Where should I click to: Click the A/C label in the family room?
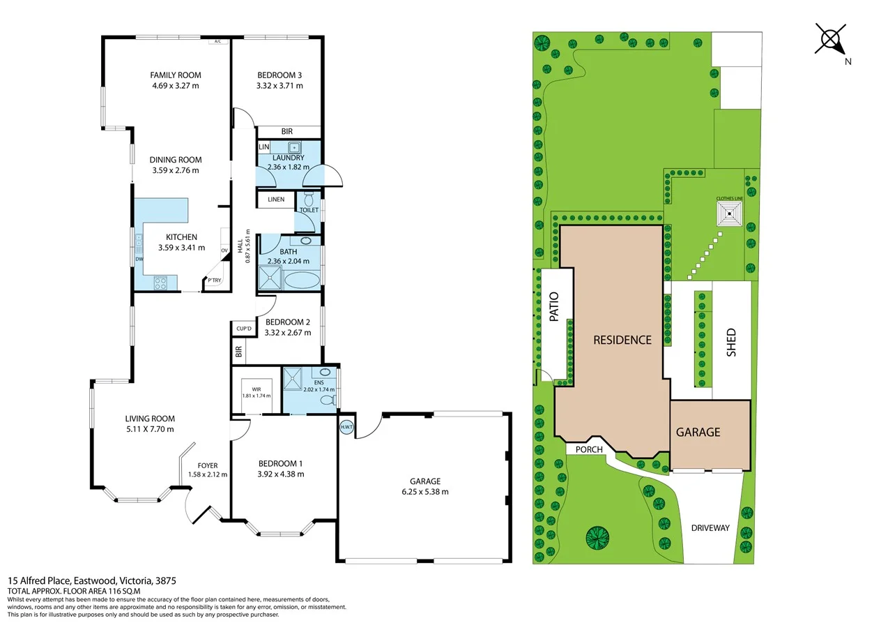click(218, 42)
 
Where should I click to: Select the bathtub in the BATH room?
click(302, 282)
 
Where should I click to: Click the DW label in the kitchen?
click(139, 260)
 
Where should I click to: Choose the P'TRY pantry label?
click(213, 280)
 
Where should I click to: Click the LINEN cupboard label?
click(276, 200)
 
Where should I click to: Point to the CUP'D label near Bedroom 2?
click(243, 328)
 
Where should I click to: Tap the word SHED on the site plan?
click(731, 343)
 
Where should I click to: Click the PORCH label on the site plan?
click(589, 449)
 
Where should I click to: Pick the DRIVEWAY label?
click(710, 528)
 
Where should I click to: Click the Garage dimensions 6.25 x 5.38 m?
click(424, 491)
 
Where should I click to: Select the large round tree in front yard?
click(597, 538)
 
